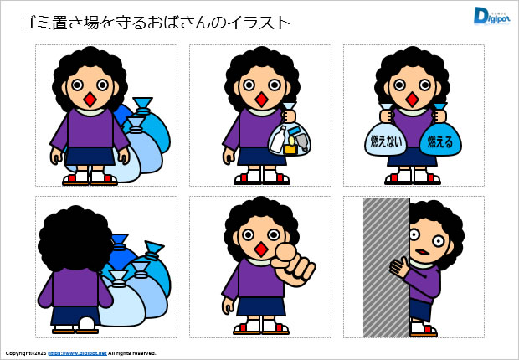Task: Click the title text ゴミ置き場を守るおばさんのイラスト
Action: point(154,23)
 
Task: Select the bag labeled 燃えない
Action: point(384,141)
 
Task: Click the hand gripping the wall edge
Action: point(399,268)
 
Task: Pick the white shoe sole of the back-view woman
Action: point(87,325)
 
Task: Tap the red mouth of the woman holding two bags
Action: point(412,99)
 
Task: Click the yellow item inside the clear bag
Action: point(290,149)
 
